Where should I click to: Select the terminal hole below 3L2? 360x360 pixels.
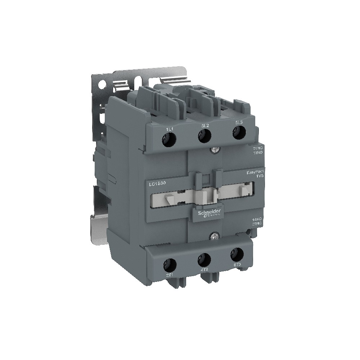pyautogui.click(x=204, y=136)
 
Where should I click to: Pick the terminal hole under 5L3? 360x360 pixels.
pyautogui.click(x=237, y=133)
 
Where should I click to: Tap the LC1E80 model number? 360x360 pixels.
pyautogui.click(x=157, y=184)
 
